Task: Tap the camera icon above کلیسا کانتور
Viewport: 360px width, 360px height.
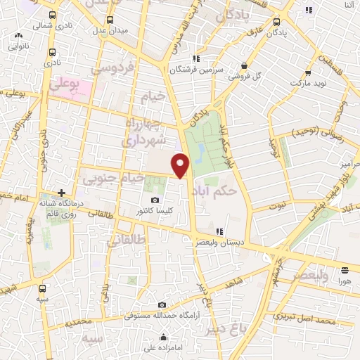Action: tap(155, 200)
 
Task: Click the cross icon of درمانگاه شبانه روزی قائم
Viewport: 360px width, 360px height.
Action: tap(63, 193)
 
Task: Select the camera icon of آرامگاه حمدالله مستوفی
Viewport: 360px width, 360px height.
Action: tap(162, 305)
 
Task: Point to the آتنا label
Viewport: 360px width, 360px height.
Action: tap(349, 6)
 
